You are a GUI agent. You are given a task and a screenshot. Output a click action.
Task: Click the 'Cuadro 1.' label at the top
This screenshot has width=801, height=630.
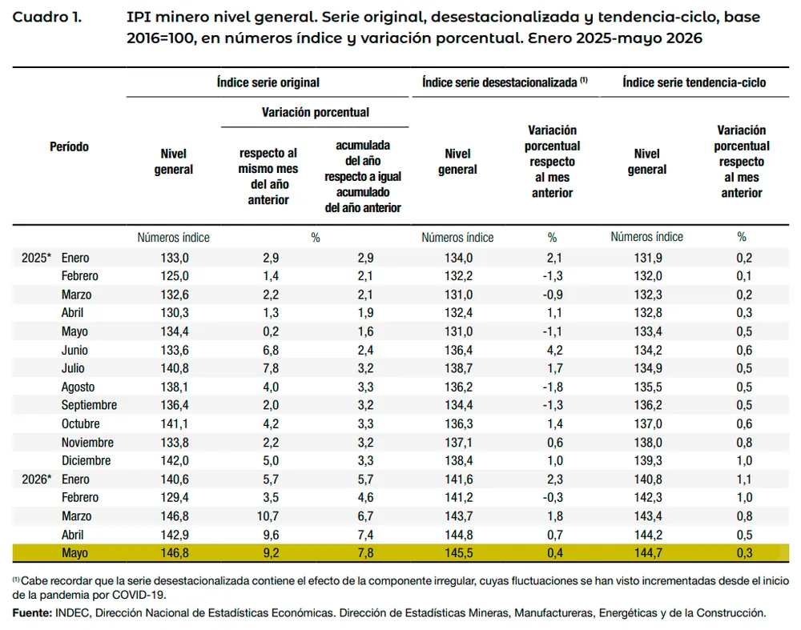(x=47, y=17)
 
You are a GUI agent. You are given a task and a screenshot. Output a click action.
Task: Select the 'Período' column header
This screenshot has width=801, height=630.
(x=70, y=146)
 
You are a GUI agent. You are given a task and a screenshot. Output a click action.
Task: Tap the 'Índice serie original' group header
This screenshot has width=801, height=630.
(x=268, y=82)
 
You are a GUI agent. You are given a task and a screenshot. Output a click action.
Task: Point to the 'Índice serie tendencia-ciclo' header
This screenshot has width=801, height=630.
(x=694, y=82)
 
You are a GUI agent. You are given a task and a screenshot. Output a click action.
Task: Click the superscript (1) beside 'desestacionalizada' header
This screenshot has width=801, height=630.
(x=583, y=79)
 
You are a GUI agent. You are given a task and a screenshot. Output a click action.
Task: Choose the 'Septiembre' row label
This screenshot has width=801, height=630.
(x=90, y=405)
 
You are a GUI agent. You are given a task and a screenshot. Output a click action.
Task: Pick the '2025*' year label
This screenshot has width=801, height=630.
(x=36, y=258)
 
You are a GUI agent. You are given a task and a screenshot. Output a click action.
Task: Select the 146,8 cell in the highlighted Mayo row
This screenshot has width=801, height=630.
(x=175, y=553)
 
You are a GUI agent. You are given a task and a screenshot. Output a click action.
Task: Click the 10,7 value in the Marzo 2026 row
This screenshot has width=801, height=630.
(x=268, y=516)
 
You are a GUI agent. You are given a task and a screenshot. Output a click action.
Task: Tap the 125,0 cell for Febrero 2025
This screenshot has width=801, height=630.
(x=175, y=276)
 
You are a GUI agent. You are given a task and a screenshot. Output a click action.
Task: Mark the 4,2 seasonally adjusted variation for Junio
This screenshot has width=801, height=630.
(x=555, y=351)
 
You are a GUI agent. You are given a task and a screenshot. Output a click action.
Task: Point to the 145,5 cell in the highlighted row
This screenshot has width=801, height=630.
(x=459, y=553)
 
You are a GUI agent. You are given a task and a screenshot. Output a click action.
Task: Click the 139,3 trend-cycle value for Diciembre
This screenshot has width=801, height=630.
(x=648, y=460)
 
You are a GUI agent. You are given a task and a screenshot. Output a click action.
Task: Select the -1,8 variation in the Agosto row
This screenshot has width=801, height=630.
(x=553, y=387)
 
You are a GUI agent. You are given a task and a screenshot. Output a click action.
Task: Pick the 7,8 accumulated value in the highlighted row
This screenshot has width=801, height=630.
(x=366, y=553)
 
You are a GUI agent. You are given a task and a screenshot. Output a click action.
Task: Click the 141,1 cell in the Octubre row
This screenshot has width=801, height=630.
(x=175, y=423)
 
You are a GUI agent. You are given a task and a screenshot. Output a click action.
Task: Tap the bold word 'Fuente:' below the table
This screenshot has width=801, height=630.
(x=32, y=612)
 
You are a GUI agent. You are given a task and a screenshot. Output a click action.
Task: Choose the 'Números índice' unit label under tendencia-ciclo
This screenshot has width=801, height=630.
(x=646, y=237)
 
